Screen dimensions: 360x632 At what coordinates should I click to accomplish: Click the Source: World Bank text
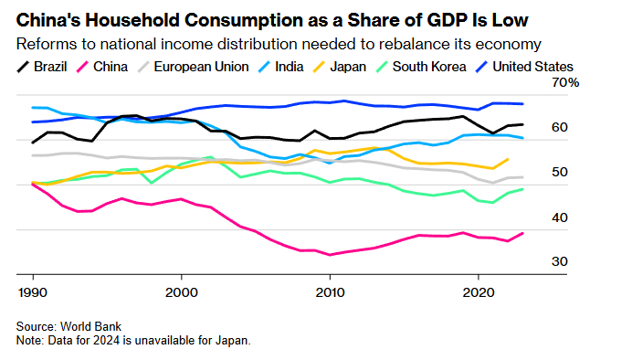click(68, 326)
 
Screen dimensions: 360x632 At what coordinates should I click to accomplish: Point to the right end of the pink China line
click(522, 233)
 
